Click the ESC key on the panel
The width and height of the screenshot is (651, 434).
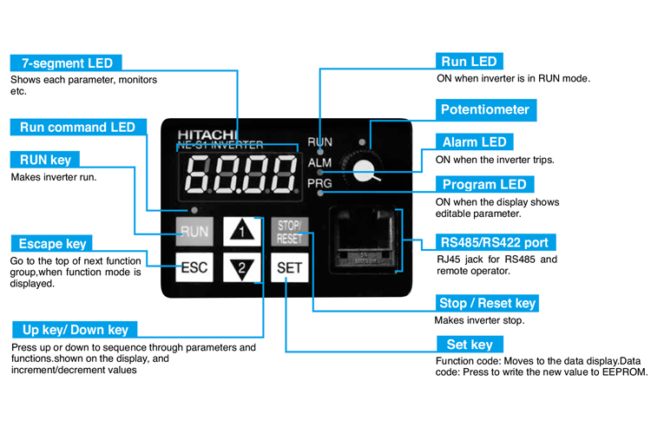pyautogui.click(x=194, y=267)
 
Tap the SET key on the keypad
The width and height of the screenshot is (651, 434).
pyautogui.click(x=288, y=267)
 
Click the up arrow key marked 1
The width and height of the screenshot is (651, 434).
pyautogui.click(x=241, y=232)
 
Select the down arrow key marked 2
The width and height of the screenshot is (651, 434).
pyautogui.click(x=241, y=267)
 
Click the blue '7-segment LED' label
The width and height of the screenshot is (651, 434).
pyautogui.click(x=66, y=63)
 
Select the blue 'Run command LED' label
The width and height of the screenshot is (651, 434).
pyautogui.click(x=77, y=128)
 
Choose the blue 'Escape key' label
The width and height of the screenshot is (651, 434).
pyautogui.click(x=53, y=244)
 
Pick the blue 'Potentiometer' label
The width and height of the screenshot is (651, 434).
pyautogui.click(x=484, y=110)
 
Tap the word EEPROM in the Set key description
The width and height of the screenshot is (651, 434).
pyautogui.click(x=625, y=372)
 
